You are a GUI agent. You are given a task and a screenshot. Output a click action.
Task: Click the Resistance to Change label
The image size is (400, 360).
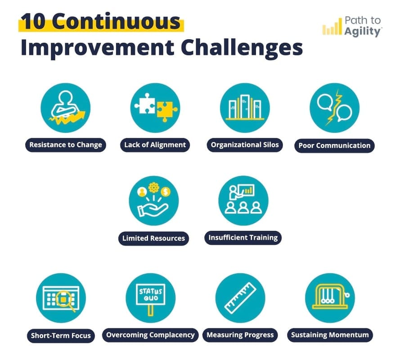66,145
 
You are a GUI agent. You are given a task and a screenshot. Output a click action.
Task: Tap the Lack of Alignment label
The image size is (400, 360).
155,145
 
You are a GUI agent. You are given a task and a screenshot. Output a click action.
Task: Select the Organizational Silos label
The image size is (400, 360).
245,145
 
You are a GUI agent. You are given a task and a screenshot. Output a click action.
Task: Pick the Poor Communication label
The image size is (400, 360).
334,145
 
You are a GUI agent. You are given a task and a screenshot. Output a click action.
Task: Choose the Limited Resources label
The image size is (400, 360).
153,238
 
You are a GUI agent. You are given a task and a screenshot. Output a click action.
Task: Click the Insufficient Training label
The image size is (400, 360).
243,237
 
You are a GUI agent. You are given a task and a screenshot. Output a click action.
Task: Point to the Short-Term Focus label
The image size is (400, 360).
61,335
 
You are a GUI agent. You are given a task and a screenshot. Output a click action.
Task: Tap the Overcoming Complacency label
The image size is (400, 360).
150,335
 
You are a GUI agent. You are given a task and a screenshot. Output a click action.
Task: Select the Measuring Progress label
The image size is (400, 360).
240,335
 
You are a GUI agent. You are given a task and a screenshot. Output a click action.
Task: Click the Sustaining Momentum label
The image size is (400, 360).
330,335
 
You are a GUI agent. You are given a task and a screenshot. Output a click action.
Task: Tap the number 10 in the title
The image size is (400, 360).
34,23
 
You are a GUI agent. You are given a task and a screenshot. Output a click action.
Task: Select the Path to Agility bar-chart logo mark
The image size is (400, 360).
332,28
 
